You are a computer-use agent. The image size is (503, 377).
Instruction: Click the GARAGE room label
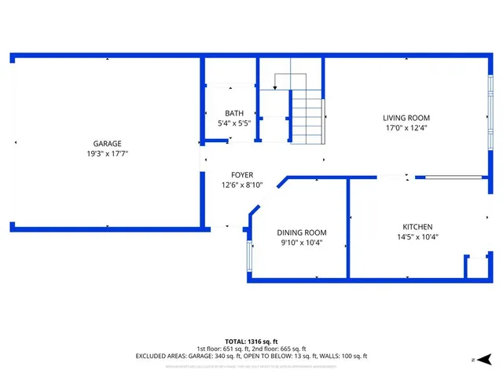click(x=107, y=144)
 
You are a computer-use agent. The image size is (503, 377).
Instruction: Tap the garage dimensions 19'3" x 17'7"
click(x=107, y=154)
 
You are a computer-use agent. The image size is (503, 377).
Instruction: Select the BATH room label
click(x=233, y=113)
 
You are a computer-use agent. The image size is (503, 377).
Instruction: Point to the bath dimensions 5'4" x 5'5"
click(x=233, y=123)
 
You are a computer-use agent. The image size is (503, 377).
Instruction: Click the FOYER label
click(x=241, y=175)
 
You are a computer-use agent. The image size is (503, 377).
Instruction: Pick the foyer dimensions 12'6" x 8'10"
click(x=241, y=185)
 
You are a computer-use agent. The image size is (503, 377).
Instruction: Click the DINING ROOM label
click(x=301, y=232)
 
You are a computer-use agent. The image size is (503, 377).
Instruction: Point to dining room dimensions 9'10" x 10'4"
click(x=301, y=243)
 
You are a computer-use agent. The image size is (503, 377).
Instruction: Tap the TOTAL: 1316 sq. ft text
click(x=251, y=341)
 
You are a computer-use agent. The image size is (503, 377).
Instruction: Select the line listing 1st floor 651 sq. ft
click(x=251, y=349)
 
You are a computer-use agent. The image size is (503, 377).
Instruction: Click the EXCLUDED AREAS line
click(x=251, y=357)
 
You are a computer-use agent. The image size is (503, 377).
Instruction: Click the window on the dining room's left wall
click(x=250, y=255)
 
